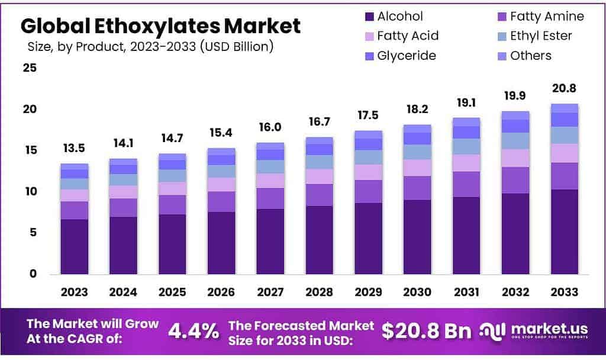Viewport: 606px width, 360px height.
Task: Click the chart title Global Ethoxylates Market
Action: click(x=160, y=26)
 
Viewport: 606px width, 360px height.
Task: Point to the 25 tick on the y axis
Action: click(x=30, y=68)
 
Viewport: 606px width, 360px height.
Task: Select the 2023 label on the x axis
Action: click(x=74, y=292)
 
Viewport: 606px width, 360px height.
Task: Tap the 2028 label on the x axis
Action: click(x=319, y=292)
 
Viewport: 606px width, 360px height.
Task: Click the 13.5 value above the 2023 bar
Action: click(x=74, y=147)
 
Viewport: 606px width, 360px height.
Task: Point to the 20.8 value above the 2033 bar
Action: click(x=563, y=88)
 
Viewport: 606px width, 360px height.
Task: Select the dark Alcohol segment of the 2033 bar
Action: click(x=563, y=232)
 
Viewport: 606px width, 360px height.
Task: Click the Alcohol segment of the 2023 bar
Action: click(x=74, y=246)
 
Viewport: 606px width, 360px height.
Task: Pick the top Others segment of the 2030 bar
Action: click(x=417, y=128)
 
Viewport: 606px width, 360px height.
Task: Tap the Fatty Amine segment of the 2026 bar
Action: click(x=221, y=201)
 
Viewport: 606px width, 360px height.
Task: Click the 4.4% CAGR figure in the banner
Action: click(x=193, y=332)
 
